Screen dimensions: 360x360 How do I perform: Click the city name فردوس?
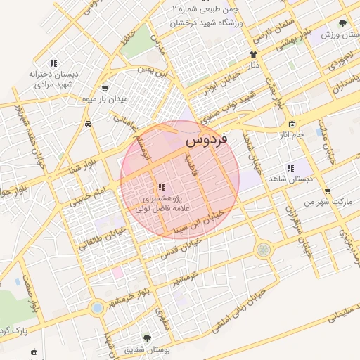click(x=205, y=141)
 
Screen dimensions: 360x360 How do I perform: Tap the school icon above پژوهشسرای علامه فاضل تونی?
click(x=162, y=187)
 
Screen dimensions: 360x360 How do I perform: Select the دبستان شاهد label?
click(x=290, y=179)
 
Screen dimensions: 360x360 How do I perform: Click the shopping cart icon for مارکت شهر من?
click(x=327, y=191)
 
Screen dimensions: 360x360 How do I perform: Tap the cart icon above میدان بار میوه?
click(x=105, y=89)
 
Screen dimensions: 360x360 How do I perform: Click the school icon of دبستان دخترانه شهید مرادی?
click(x=53, y=64)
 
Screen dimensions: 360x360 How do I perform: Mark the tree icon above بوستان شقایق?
click(x=147, y=338)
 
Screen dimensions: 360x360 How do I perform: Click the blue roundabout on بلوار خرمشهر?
click(x=96, y=307)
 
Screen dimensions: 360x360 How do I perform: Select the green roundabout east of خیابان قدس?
click(x=263, y=249)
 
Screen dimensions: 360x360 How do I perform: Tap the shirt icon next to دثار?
click(x=253, y=54)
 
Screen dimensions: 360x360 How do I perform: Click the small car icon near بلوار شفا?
click(x=87, y=124)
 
